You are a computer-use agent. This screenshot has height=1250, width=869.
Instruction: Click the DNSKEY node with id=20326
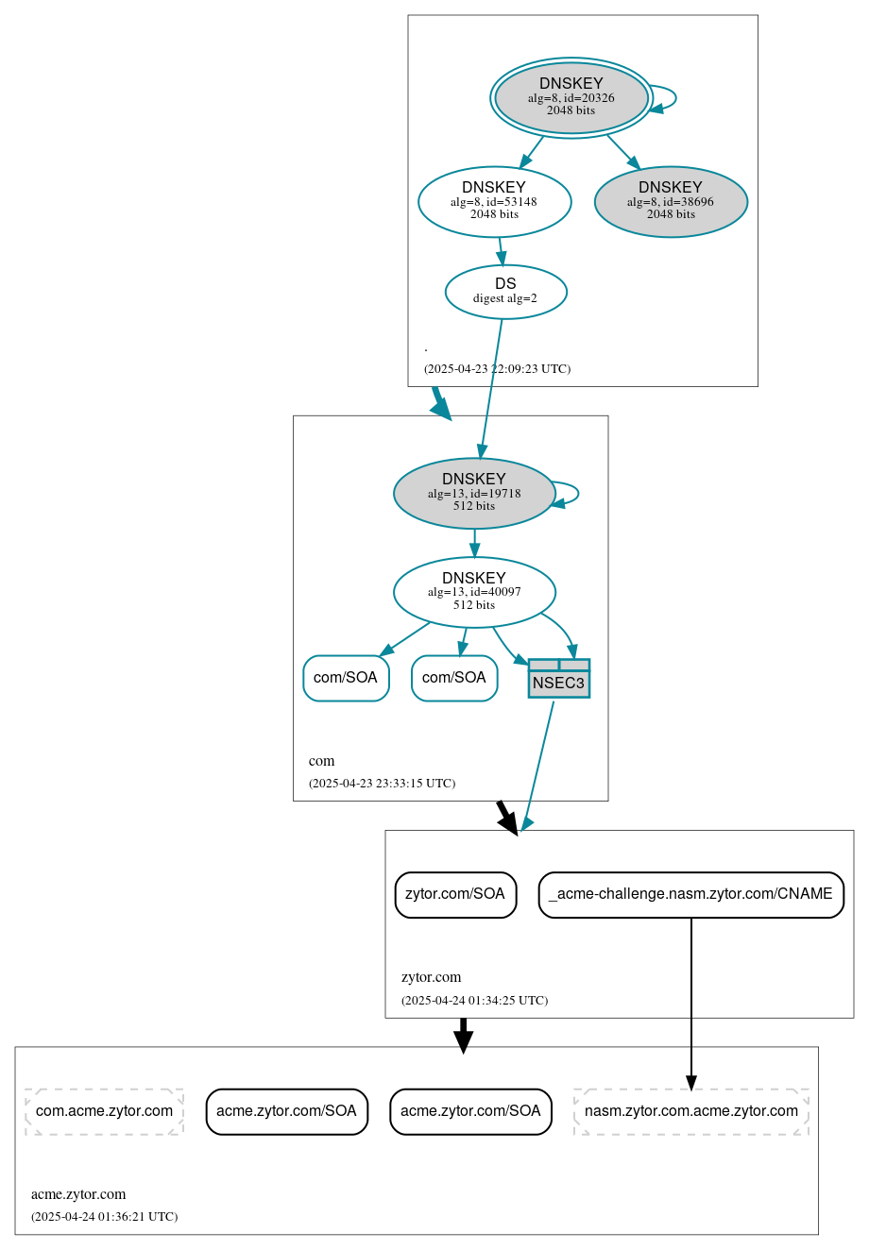[571, 97]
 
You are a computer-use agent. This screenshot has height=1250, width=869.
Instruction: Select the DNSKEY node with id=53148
[494, 200]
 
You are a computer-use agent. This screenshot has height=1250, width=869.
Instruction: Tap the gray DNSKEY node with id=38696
[671, 201]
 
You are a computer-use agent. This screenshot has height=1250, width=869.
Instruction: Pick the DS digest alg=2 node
[505, 291]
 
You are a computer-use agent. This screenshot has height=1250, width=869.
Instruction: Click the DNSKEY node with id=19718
[473, 493]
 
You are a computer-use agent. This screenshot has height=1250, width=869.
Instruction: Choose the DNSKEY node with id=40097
[473, 592]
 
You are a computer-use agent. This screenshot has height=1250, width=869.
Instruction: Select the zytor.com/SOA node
[455, 894]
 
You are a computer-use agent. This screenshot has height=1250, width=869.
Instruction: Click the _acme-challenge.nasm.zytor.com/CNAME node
[690, 894]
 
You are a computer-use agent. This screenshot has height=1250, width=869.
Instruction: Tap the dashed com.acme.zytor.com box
[104, 1110]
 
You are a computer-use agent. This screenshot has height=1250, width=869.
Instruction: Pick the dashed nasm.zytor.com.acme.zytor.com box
[690, 1110]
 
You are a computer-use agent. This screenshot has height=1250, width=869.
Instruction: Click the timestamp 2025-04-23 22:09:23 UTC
[497, 369]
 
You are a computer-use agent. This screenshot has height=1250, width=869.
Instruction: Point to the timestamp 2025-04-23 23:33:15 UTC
[382, 784]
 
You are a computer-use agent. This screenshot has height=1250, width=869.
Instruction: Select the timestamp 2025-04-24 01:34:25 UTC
[474, 1001]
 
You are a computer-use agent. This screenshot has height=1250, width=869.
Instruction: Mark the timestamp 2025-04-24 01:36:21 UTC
[104, 1217]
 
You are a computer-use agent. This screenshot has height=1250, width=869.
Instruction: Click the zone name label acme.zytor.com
[78, 1194]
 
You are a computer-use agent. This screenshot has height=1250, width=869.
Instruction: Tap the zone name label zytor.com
[431, 977]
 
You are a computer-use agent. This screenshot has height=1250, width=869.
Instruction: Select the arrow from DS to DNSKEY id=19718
[491, 387]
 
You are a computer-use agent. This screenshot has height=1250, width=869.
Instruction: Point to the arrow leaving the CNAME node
[690, 1001]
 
